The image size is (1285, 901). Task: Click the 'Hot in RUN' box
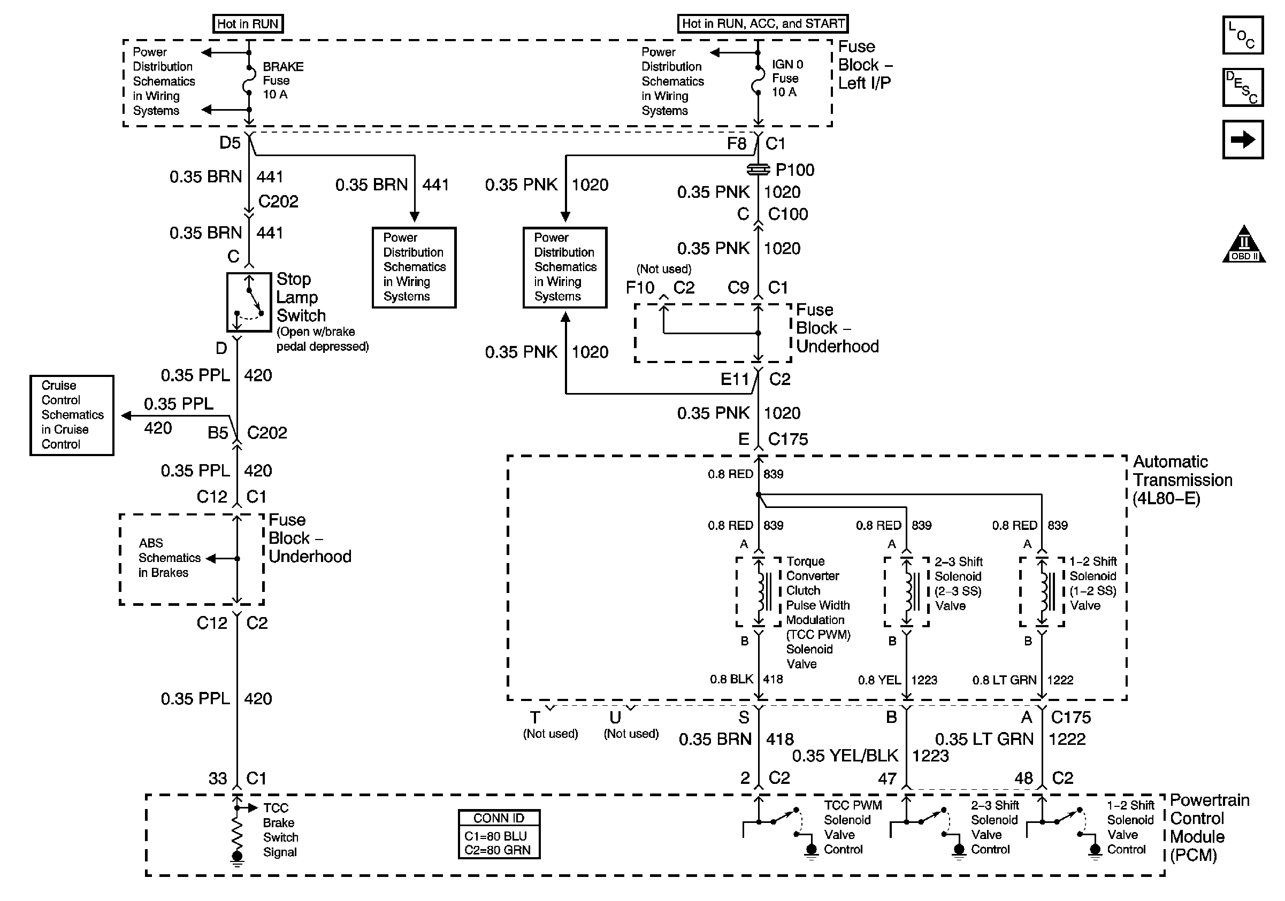pyautogui.click(x=248, y=24)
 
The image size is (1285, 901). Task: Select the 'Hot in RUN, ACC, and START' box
pyautogui.click(x=763, y=24)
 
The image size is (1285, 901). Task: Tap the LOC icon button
pyautogui.click(x=1242, y=35)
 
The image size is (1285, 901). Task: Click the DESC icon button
pyautogui.click(x=1242, y=87)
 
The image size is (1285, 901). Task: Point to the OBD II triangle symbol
pyautogui.click(x=1244, y=244)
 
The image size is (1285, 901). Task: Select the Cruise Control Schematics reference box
pyautogui.click(x=72, y=415)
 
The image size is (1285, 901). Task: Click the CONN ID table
pyautogui.click(x=499, y=834)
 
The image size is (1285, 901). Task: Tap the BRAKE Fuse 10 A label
pyautogui.click(x=283, y=81)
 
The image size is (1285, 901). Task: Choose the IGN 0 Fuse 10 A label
pyautogui.click(x=787, y=78)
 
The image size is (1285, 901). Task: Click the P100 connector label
pyautogui.click(x=795, y=170)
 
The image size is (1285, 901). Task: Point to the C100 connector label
pyautogui.click(x=788, y=214)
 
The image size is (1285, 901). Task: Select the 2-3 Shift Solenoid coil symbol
pyautogui.click(x=907, y=592)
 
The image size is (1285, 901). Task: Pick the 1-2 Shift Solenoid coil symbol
pyautogui.click(x=1042, y=592)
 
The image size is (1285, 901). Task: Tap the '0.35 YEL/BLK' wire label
pyautogui.click(x=845, y=756)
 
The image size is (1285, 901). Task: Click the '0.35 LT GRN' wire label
pyautogui.click(x=984, y=739)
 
